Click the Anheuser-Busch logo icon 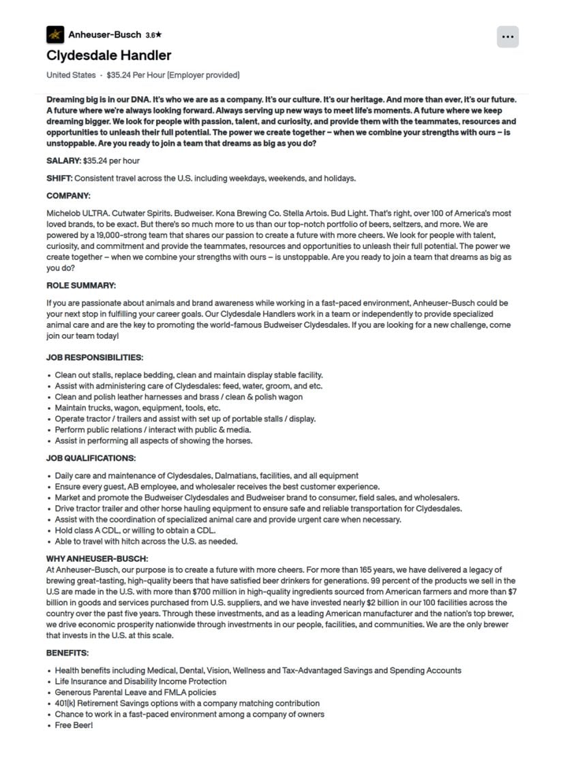click(55, 34)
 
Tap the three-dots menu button click(507, 37)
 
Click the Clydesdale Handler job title click(109, 55)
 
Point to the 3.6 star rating click(153, 35)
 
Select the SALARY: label click(63, 161)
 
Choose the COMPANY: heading click(68, 196)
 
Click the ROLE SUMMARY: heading click(81, 286)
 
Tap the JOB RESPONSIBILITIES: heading click(95, 357)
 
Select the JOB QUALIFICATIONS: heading click(91, 458)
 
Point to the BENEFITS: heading click(67, 652)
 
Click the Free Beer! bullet click(74, 725)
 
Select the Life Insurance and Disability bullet click(140, 681)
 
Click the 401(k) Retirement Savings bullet click(187, 703)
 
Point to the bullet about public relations click(153, 430)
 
